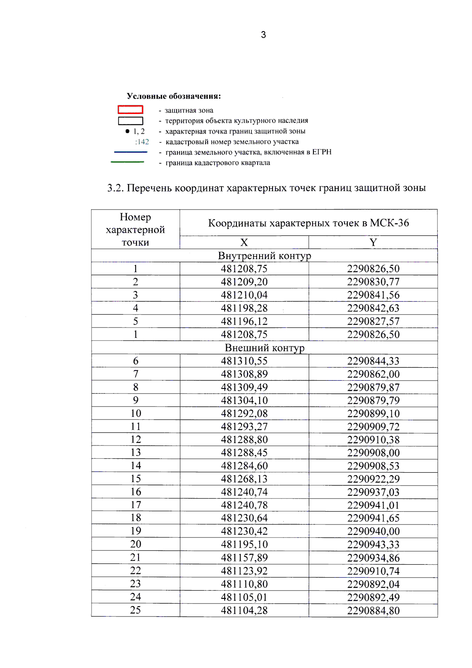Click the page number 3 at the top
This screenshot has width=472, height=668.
click(263, 35)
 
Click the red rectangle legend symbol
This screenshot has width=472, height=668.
click(130, 110)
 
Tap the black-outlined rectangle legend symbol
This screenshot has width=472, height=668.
click(130, 121)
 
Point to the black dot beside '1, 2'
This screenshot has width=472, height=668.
click(127, 131)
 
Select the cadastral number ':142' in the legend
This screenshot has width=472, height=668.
click(142, 142)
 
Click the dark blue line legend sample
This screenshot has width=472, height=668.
click(130, 152)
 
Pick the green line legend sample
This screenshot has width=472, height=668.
click(127, 162)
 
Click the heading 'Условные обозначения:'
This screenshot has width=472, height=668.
click(173, 96)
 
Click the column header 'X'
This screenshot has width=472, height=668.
click(244, 243)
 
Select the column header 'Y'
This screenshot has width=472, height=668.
click(373, 243)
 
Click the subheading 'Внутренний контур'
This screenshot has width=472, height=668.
click(264, 256)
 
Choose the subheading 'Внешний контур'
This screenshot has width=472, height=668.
click(264, 348)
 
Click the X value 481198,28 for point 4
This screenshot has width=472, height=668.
click(244, 308)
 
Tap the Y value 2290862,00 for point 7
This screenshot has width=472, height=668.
click(373, 374)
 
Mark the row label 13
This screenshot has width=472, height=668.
click(135, 453)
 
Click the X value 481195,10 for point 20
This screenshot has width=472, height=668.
click(244, 545)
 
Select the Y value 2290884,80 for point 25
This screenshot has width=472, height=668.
click(373, 611)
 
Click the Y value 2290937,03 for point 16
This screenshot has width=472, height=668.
click(373, 492)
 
